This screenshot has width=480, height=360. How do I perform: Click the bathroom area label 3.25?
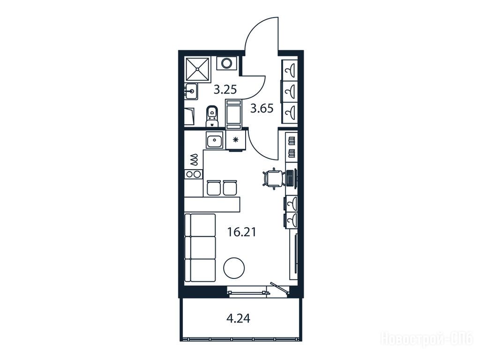[x=225, y=90]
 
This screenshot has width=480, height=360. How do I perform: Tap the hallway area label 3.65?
[x=262, y=108]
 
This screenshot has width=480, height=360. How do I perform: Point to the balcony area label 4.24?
[x=238, y=319]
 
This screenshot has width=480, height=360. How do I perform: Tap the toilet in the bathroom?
[x=211, y=116]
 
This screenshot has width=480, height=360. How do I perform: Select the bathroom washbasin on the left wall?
[x=192, y=91]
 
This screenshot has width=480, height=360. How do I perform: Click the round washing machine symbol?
[x=227, y=63]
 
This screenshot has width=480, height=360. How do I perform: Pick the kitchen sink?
[x=215, y=141]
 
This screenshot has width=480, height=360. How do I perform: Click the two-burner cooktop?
[x=194, y=174]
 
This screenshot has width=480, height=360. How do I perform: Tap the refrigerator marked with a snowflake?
[x=236, y=140]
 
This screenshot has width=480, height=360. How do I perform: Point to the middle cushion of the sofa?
[x=201, y=247]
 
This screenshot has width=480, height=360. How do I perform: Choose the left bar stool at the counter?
[x=213, y=187]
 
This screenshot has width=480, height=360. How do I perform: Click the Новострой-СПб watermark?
[x=427, y=339]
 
